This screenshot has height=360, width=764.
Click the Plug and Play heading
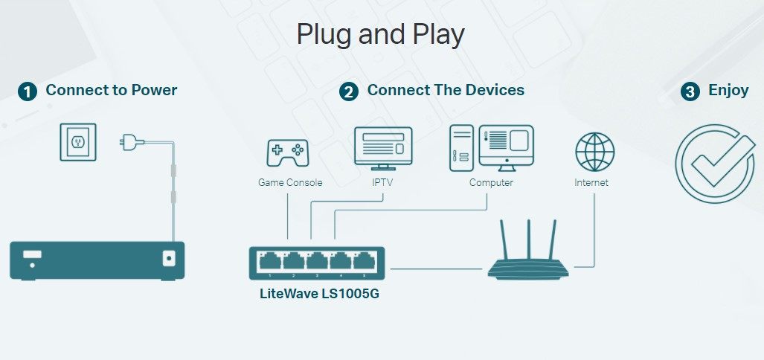point(380,35)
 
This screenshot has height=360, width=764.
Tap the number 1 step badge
point(28,91)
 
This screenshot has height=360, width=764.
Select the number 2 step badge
point(348,91)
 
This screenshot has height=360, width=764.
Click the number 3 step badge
point(690,91)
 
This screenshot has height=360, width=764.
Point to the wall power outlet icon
point(78,142)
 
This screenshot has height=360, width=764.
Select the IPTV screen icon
point(384,147)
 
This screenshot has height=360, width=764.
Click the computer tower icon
point(460,146)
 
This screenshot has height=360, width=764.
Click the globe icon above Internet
point(594,152)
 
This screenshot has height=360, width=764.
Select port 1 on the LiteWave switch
point(269,261)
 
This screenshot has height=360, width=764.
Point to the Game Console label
point(290,182)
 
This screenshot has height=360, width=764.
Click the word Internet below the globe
point(591,182)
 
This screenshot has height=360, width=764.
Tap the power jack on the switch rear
point(169,259)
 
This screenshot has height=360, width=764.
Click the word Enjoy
point(728,91)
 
